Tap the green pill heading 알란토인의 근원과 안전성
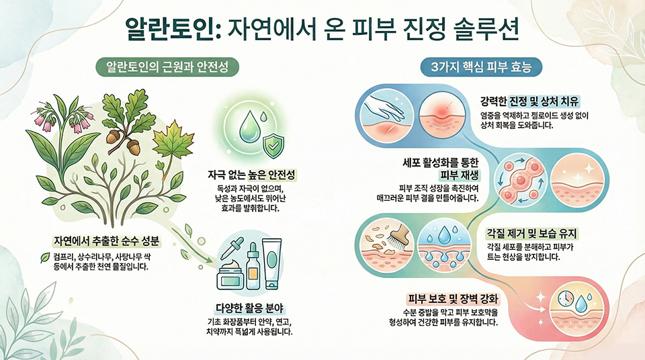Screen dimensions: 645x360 coord(167,66)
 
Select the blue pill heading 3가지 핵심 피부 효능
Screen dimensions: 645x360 coord(481,67)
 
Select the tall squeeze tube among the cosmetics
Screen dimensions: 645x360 coord(272,263)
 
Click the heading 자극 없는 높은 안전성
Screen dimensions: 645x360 coord(252,175)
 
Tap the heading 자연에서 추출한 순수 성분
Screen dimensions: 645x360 coord(107,240)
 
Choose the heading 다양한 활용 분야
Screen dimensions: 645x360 coord(250,308)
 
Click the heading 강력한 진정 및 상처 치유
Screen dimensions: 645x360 coord(530,101)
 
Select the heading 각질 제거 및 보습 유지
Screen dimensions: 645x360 coord(532,234)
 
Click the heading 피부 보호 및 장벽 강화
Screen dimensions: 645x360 coord(453,298)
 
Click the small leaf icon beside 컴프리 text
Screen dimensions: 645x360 coord(45,257)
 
